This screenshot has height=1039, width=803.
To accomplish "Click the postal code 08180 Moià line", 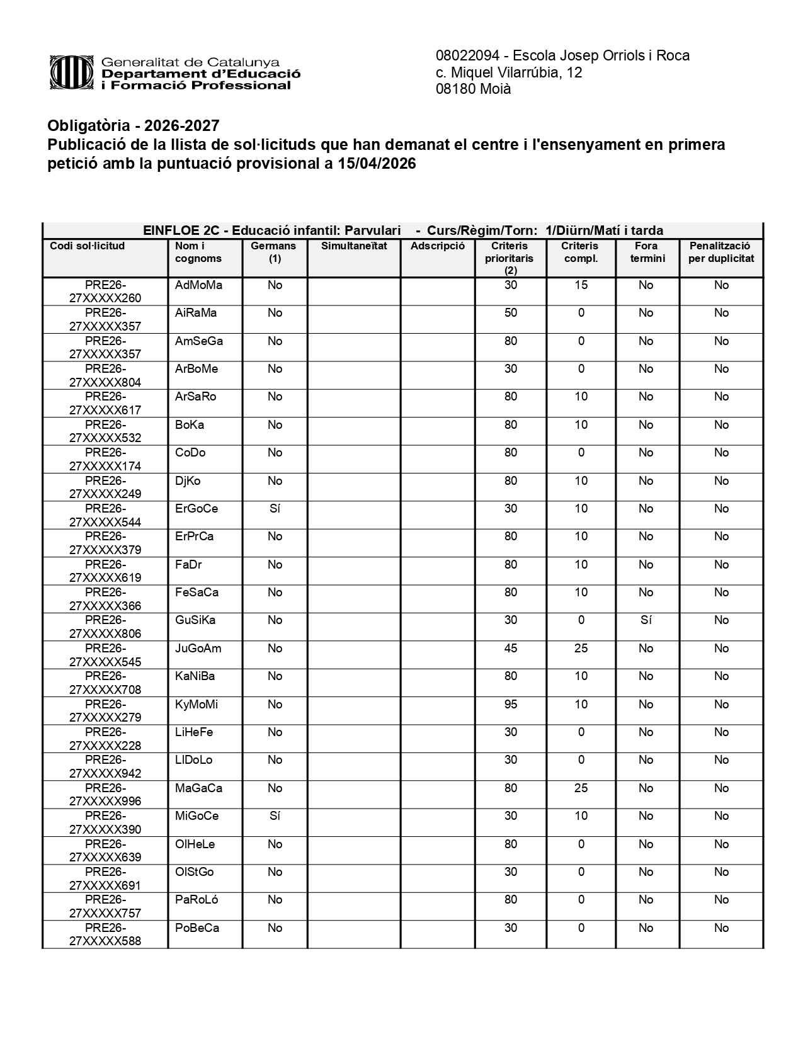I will point(473,89).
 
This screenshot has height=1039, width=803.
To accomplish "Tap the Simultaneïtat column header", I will point(354,246).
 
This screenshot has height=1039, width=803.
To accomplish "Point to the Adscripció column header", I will point(437,246).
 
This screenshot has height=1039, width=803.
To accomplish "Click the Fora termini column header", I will point(647,252).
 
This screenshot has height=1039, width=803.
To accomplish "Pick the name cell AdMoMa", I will point(198,285).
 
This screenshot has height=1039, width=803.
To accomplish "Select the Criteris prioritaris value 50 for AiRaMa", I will point(510,313).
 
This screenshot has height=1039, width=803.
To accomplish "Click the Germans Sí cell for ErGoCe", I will point(275,509).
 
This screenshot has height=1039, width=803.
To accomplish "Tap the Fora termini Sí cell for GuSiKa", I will point(646,620).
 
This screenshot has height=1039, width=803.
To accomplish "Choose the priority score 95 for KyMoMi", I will point(510,705).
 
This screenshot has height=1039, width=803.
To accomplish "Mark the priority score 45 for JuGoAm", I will point(510,649).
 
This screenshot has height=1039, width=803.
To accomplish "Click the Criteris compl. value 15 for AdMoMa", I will point(581,285).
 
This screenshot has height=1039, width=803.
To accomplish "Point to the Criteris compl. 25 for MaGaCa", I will point(581,788).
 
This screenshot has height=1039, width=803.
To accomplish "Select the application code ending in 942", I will point(105,767).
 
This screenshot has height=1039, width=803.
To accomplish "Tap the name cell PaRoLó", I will point(196,900).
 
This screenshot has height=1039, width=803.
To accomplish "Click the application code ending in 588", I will point(105,934).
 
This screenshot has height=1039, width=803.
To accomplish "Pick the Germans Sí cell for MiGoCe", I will point(275,816).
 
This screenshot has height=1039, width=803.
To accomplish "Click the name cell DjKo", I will point(188,481).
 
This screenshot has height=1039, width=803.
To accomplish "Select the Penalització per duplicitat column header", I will point(720,252).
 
